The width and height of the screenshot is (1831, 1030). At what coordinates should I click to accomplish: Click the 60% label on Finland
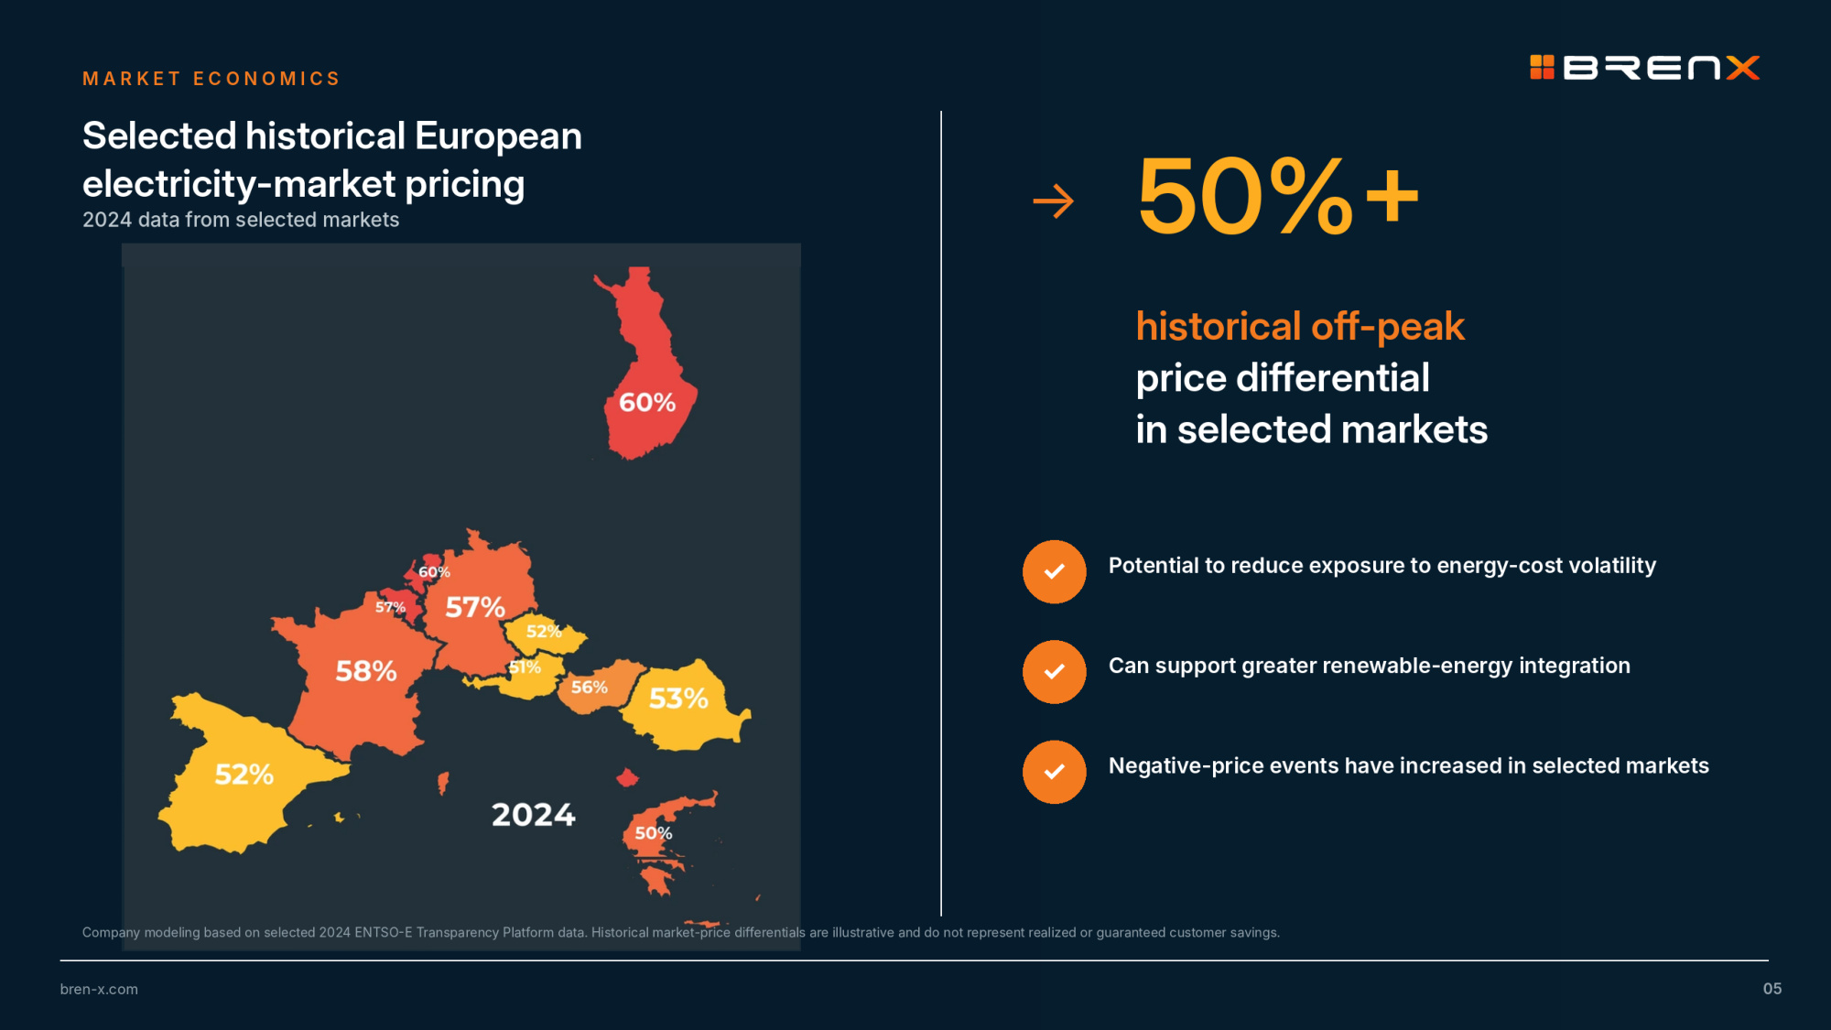point(647,402)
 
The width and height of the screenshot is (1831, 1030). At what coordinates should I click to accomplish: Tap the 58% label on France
point(366,671)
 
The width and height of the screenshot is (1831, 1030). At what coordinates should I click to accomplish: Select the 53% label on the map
point(678,699)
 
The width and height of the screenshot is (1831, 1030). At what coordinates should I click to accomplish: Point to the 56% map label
point(590,687)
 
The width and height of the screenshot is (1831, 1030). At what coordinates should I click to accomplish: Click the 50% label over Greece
point(654,833)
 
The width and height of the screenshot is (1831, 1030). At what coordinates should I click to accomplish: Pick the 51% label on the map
point(525,667)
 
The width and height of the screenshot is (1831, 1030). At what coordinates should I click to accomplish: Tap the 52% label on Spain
point(244,775)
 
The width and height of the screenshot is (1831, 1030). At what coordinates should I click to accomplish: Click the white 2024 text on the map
point(534,814)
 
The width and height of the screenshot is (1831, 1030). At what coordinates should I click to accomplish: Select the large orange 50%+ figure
point(1278,196)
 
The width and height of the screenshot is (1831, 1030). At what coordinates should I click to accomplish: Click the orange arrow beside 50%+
point(1053,201)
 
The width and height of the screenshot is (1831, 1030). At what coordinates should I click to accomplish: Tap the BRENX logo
point(1645,68)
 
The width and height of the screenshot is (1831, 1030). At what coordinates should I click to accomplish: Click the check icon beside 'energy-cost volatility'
point(1055,571)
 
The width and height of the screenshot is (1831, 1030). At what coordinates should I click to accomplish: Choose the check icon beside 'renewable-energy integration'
point(1055,672)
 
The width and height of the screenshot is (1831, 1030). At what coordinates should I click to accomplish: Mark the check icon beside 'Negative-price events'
point(1055,772)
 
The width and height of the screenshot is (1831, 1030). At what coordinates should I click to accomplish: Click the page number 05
point(1772,989)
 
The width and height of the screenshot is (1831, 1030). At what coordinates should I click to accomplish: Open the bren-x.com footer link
point(99,989)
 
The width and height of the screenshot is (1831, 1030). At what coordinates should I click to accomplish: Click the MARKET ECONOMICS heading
point(211,79)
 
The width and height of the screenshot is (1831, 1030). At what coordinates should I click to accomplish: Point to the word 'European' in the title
point(498,136)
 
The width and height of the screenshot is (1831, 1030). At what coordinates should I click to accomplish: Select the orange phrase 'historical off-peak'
point(1300,327)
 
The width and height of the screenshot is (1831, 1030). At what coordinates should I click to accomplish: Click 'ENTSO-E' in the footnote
point(384,932)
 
